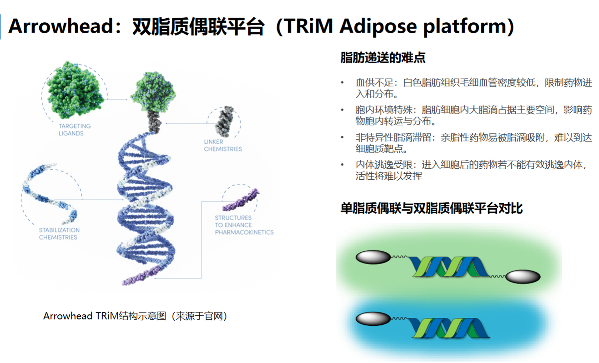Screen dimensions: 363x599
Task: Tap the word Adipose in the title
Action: pos(378,26)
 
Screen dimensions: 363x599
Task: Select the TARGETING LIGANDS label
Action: pos(74,130)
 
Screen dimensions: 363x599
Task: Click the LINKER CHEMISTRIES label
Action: pos(223,145)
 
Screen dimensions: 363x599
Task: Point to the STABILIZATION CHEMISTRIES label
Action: pos(59,234)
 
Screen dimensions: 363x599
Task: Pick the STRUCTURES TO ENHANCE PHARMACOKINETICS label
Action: pos(244,225)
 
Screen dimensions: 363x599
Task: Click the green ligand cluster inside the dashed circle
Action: pos(75,90)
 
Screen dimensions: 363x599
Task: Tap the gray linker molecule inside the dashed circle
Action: pos(225,121)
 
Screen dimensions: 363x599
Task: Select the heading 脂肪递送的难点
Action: pos(383,58)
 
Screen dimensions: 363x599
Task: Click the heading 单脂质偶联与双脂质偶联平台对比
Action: pos(431,208)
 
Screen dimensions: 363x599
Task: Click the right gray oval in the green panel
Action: pos(523,276)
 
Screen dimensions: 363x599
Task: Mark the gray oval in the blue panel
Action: pos(373,318)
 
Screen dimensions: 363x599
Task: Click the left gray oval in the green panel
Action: pos(373,257)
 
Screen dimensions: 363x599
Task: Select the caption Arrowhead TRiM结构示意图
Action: pos(135,316)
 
